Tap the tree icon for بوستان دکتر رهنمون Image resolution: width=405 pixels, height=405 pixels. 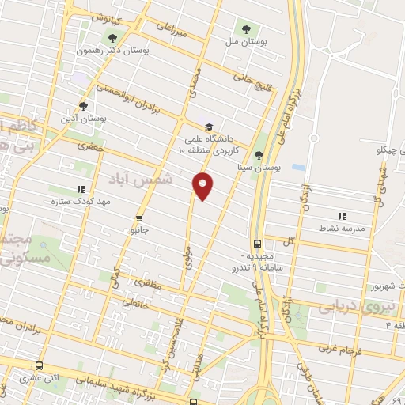112,37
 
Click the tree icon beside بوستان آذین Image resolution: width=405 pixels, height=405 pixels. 84,106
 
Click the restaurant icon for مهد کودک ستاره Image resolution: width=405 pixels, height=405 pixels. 80,190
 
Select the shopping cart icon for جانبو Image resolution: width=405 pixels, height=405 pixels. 139,218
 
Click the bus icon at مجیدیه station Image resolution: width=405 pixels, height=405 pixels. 257,244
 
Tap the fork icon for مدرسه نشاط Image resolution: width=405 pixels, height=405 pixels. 342,215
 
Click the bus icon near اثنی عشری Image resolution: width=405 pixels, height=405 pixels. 40,365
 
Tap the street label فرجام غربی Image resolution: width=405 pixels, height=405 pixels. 340,347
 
